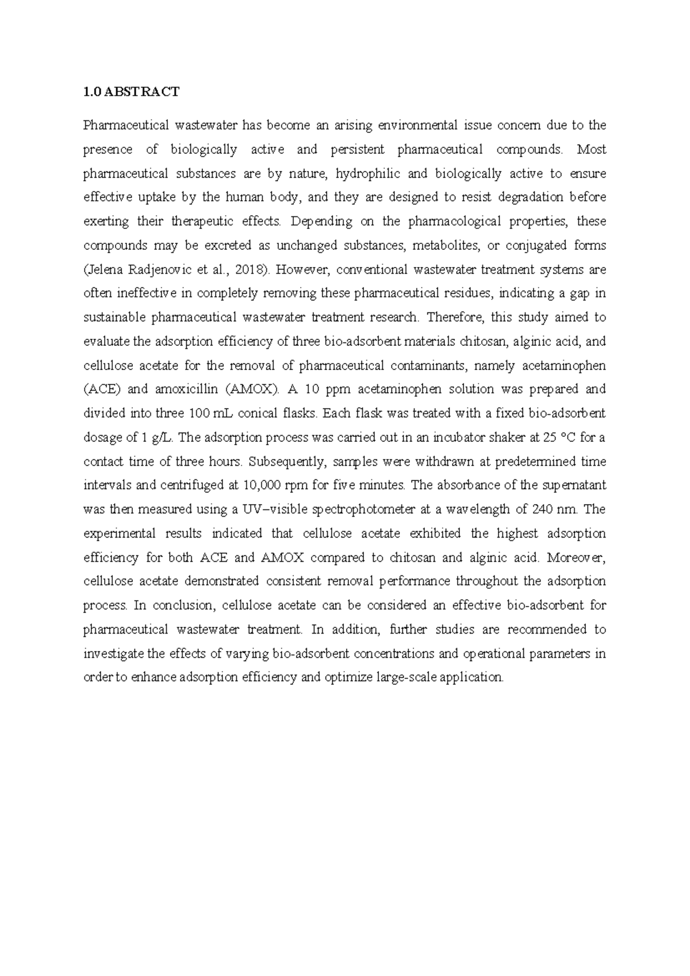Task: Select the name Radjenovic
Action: coord(147,270)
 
